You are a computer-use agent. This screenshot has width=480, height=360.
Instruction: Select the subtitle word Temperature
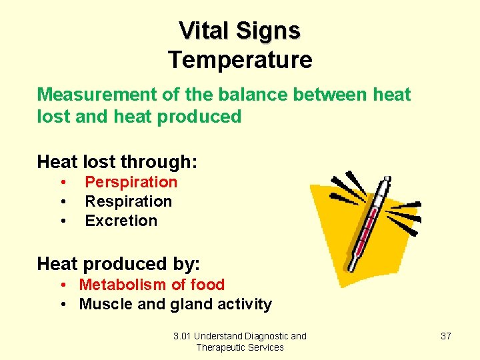(x=240, y=60)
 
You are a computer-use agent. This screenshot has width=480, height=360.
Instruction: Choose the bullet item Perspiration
(x=131, y=182)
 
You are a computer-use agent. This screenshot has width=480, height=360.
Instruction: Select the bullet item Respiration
(x=129, y=201)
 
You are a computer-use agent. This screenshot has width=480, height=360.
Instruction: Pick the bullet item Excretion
(x=121, y=221)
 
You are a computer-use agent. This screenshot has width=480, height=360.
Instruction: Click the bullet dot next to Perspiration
(x=62, y=183)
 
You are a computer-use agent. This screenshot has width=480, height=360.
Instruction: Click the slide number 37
(x=446, y=336)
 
